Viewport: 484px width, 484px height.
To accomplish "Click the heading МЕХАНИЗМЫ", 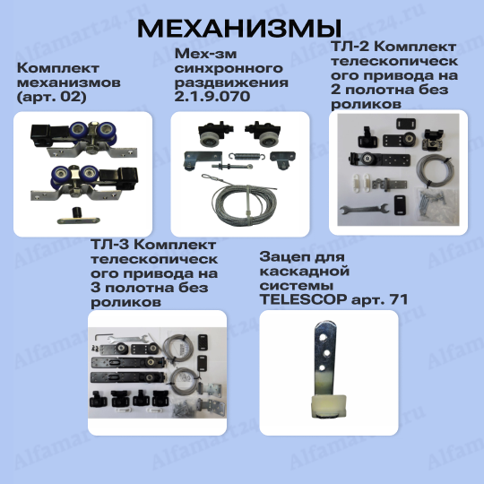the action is click(x=239, y=29).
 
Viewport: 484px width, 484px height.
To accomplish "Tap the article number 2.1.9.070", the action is click(x=212, y=97).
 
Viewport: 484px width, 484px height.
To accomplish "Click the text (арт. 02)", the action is click(x=52, y=97).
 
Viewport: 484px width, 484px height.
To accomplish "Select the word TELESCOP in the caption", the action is click(x=304, y=299).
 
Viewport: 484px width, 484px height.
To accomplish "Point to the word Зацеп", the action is click(x=281, y=257).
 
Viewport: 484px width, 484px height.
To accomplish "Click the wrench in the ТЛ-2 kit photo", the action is click(x=364, y=210).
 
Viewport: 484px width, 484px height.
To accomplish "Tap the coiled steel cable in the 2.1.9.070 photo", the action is click(x=244, y=203).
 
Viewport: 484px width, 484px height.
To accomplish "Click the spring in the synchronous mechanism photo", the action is click(x=247, y=156).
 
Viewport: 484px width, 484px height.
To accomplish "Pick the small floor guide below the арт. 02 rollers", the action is click(x=78, y=216).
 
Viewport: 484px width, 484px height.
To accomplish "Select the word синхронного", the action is click(x=229, y=68).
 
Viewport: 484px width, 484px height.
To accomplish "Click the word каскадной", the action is click(x=305, y=272).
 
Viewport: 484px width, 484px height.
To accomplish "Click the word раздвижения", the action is click(x=231, y=82).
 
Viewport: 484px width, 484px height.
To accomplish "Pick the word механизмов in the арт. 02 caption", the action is click(x=69, y=82).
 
